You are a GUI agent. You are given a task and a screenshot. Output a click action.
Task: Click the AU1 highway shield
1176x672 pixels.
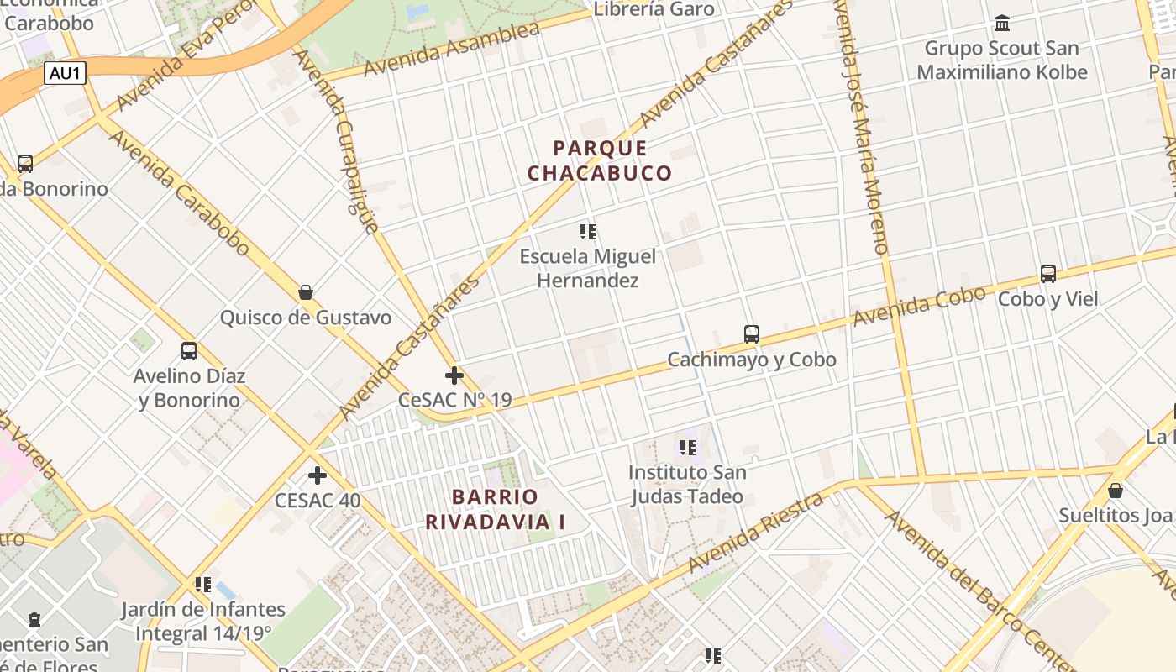coord(66,73)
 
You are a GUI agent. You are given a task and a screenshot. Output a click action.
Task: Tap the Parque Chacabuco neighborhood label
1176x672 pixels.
coord(600,160)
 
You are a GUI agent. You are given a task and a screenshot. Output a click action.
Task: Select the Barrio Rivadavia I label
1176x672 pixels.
coord(495,509)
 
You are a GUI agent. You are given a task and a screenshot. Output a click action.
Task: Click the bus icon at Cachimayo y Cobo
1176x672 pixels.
coord(752,334)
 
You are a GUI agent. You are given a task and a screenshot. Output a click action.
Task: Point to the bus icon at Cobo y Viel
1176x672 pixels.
coord(1048,274)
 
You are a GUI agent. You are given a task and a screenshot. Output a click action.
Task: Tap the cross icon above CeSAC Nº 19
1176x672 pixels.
coord(454,375)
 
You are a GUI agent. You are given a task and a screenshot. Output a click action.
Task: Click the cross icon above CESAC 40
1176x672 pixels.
coord(318,475)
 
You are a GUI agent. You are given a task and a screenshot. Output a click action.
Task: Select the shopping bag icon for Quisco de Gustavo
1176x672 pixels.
coord(306,292)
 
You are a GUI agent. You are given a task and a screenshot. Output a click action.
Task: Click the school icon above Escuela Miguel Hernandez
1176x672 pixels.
coord(588,231)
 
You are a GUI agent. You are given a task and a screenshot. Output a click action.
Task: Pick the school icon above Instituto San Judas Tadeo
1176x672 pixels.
coord(688,448)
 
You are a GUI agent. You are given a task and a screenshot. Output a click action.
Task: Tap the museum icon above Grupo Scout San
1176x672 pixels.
coord(1002,23)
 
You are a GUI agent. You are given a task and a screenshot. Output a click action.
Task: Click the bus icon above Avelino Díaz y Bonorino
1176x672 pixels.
coord(189,351)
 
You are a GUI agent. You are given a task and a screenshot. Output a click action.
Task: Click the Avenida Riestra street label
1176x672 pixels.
coord(756,533)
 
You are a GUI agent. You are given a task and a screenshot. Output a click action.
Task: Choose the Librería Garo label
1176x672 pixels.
coord(654,9)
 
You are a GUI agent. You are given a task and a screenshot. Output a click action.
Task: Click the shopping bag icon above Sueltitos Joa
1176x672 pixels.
coord(1116,491)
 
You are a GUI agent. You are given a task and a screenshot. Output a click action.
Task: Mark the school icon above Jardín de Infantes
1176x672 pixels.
coord(202,584)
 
